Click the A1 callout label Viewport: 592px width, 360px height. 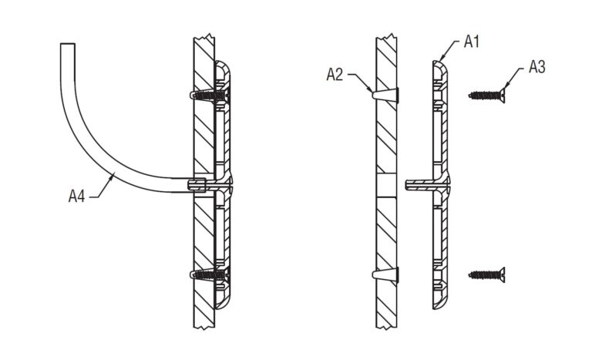pyautogui.click(x=472, y=43)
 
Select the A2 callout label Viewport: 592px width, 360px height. pyautogui.click(x=335, y=74)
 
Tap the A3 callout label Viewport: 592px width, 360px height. pyautogui.click(x=537, y=68)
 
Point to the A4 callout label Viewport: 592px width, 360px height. pyautogui.click(x=76, y=197)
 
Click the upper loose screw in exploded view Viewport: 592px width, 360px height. pyautogui.click(x=486, y=96)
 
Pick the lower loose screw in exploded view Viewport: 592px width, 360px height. pyautogui.click(x=486, y=274)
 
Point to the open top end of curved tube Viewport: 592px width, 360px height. pyautogui.click(x=68, y=45)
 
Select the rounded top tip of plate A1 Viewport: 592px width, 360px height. pyautogui.click(x=439, y=65)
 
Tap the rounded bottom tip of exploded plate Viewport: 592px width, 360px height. pyautogui.click(x=439, y=305)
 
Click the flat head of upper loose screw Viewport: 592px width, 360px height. pyautogui.click(x=501, y=96)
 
